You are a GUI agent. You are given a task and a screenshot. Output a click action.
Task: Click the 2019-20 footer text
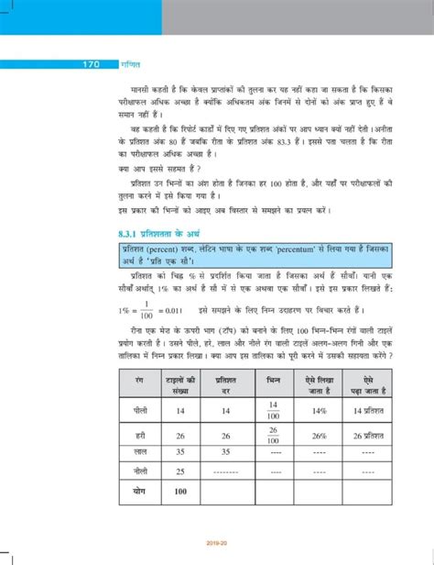pos(217,556)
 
